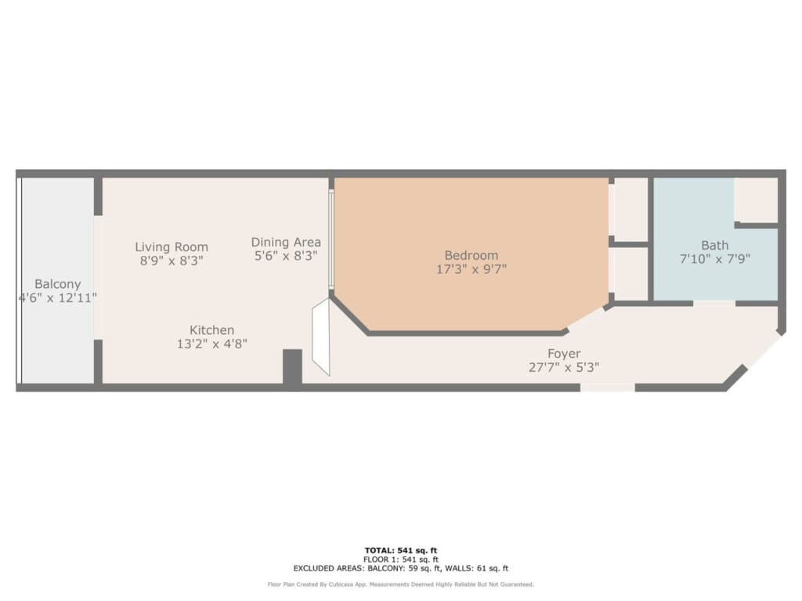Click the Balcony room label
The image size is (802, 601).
[x=58, y=284]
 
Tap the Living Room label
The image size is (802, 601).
[x=172, y=247]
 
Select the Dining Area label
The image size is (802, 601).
[x=286, y=243]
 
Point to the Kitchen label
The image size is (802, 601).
[x=211, y=330]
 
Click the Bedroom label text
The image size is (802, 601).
[x=471, y=256]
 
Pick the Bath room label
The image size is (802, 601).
[x=714, y=245]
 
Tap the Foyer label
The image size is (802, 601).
[x=564, y=354]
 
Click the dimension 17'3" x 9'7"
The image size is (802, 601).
[x=471, y=269]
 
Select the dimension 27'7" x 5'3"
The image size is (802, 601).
[x=564, y=367]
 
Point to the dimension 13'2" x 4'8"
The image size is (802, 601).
[x=211, y=344]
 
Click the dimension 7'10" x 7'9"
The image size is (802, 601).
[x=714, y=258]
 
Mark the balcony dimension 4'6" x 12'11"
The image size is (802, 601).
[x=58, y=297]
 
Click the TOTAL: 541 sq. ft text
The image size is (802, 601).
[x=401, y=550]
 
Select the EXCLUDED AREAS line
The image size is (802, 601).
[x=401, y=568]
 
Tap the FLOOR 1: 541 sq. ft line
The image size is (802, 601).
[x=401, y=560]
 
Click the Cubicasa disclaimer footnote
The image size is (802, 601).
[x=401, y=584]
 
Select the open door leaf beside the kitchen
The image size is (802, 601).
[x=321, y=336]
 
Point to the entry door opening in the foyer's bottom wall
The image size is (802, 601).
[x=608, y=388]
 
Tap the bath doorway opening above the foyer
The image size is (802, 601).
[x=714, y=304]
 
